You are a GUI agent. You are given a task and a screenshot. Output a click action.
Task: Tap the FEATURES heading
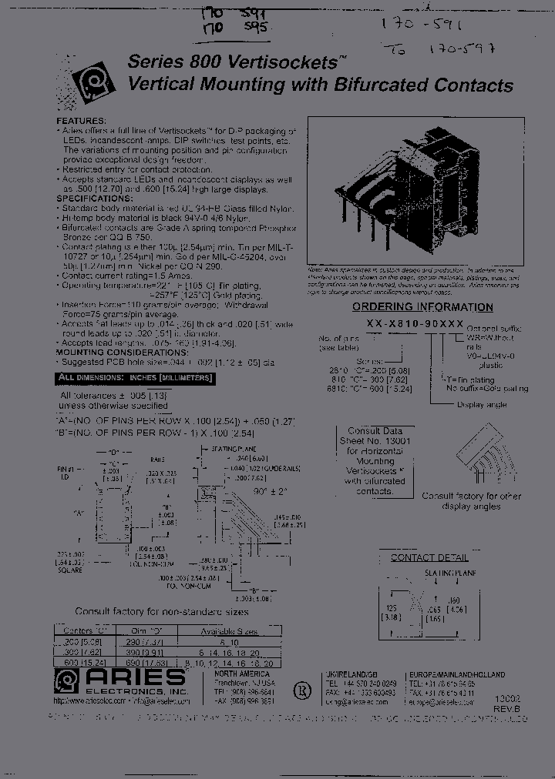click(x=80, y=122)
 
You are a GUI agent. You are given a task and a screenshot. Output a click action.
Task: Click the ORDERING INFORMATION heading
click(x=422, y=307)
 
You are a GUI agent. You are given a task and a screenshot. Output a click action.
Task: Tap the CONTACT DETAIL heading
click(x=429, y=557)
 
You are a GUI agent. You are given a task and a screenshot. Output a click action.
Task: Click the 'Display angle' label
click(x=482, y=404)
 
